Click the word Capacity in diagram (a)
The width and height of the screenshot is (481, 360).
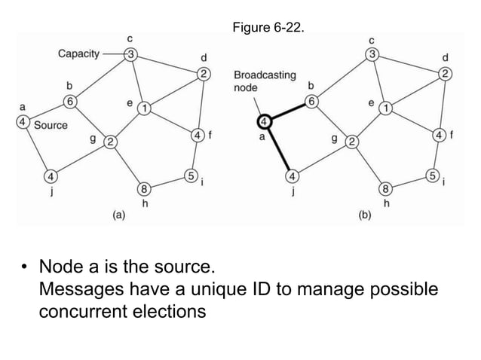(x=81, y=53)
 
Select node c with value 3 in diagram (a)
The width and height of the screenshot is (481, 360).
(x=130, y=54)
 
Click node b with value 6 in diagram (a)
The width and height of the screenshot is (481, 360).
(x=70, y=101)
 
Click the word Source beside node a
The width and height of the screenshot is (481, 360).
(x=51, y=125)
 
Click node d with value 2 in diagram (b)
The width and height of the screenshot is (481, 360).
(x=446, y=74)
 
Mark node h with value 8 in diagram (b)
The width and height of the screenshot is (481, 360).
(x=385, y=189)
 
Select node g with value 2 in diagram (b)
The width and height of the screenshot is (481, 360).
(x=351, y=141)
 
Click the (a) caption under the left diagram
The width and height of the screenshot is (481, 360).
(x=119, y=215)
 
